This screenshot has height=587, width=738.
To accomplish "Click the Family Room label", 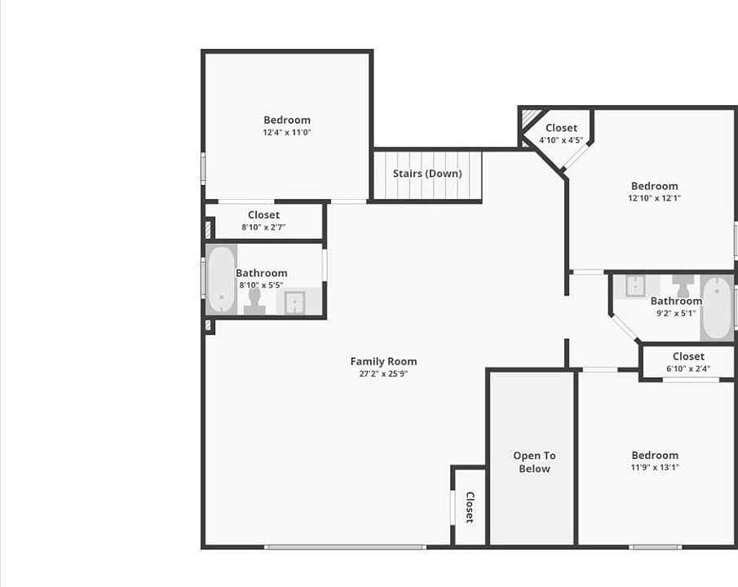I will point(383,361).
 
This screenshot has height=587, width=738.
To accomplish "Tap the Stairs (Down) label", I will point(427,174).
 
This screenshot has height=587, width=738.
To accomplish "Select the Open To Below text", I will point(534,462).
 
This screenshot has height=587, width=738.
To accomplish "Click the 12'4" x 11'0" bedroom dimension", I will point(287,132).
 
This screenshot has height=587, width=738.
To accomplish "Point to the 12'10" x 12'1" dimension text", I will point(654,198).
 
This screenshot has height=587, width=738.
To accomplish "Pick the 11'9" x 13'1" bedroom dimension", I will point(654,468).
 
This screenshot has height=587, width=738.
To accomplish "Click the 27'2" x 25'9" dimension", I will point(383,373).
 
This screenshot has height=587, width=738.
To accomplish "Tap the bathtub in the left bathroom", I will point(220,280).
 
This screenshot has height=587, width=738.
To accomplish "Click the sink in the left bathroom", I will point(294,301).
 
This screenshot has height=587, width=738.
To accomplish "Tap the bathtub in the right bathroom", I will point(717,308).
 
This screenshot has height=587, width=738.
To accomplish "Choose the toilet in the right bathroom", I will point(683,286).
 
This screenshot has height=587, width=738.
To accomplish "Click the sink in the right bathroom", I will point(635,285).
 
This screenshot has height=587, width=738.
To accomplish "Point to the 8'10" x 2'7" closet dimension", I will point(263,227).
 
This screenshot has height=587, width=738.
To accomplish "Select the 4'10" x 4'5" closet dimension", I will point(561,140).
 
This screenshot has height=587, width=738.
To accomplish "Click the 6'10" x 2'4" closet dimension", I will point(688,369).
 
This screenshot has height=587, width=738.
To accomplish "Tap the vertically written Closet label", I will point(470,507).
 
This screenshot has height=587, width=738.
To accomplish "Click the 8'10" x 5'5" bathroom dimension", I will point(261,285).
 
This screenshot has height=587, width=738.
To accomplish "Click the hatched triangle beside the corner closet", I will point(530,119).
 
